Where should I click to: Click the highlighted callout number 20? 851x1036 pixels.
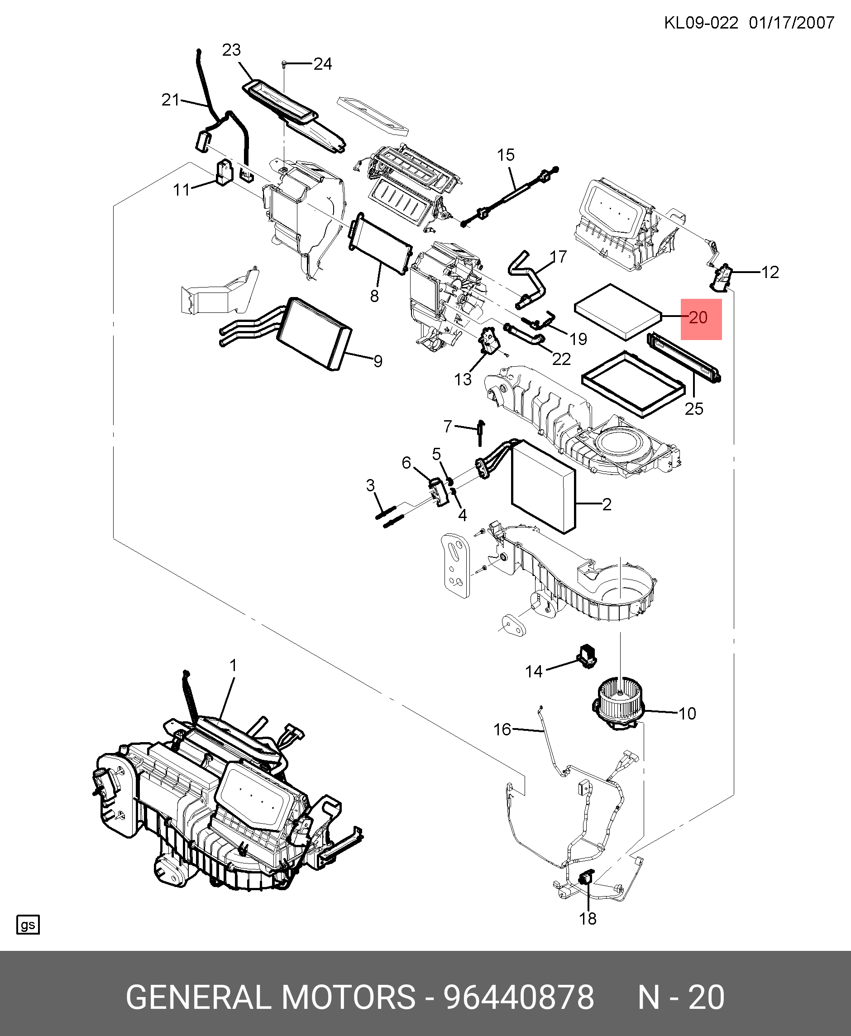[x=698, y=318]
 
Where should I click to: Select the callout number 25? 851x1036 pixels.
[x=693, y=409]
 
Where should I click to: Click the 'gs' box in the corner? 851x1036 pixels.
[x=28, y=925]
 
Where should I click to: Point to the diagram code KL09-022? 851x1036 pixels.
[x=701, y=23]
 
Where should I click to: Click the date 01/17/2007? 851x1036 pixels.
[x=791, y=23]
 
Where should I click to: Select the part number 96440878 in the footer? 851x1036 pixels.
[x=519, y=997]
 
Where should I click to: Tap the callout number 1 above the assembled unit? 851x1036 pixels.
[x=233, y=665]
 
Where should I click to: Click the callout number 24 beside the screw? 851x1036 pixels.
[x=323, y=64]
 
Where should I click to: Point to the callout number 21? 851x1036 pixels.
[x=171, y=100]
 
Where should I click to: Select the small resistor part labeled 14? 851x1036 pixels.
[x=587, y=656]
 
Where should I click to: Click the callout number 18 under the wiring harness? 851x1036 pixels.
[x=587, y=918]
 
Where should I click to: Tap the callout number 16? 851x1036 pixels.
[x=502, y=729]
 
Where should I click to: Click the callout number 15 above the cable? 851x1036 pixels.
[x=506, y=155]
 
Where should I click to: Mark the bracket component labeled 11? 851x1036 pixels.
[x=225, y=173]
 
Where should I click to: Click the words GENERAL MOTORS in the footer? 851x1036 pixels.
[x=271, y=997]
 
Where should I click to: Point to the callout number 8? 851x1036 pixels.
[x=374, y=296]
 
